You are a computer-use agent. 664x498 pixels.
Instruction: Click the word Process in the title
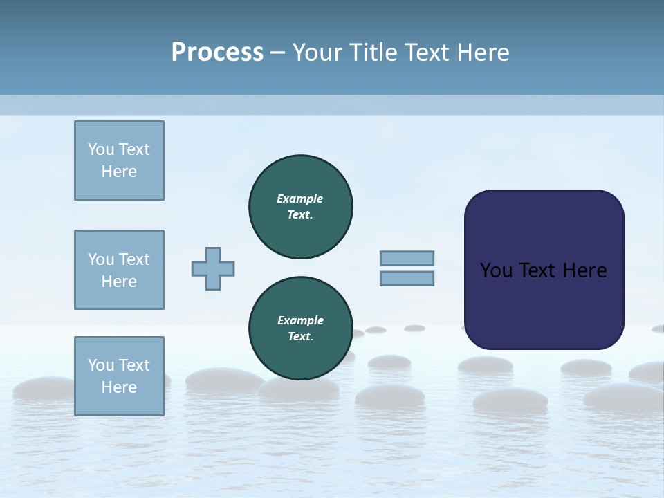[x=217, y=53]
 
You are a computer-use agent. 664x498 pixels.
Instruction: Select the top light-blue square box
[x=119, y=160]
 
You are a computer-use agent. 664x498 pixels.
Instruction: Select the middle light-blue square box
[x=119, y=270]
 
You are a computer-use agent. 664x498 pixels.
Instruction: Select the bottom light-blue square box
[x=119, y=376]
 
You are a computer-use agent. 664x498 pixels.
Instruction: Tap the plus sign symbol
[x=213, y=269]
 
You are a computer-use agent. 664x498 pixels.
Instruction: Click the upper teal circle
[x=300, y=206]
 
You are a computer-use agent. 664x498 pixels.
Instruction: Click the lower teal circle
[x=300, y=328]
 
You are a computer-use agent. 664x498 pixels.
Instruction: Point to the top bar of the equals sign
[x=407, y=259]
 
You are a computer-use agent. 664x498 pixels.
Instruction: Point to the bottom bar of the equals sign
[x=407, y=279]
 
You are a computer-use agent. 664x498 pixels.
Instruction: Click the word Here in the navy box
[x=585, y=270]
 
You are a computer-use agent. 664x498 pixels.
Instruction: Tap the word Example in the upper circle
[x=300, y=199]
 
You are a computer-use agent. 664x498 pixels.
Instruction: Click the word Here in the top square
[x=119, y=172]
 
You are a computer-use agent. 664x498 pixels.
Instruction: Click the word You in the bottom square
[x=101, y=365]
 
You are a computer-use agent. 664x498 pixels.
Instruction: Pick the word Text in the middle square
[x=134, y=259]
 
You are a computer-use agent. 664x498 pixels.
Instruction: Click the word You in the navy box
[x=495, y=270]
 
